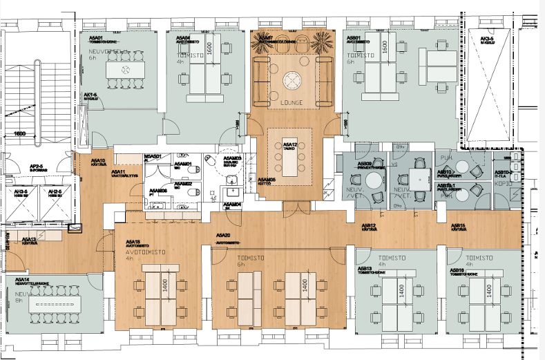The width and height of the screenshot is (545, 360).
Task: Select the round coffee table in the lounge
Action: pyautogui.click(x=293, y=81)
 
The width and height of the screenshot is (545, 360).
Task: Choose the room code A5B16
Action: pyautogui.click(x=457, y=270)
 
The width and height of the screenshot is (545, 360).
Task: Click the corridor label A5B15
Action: pyautogui.click(x=461, y=226)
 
